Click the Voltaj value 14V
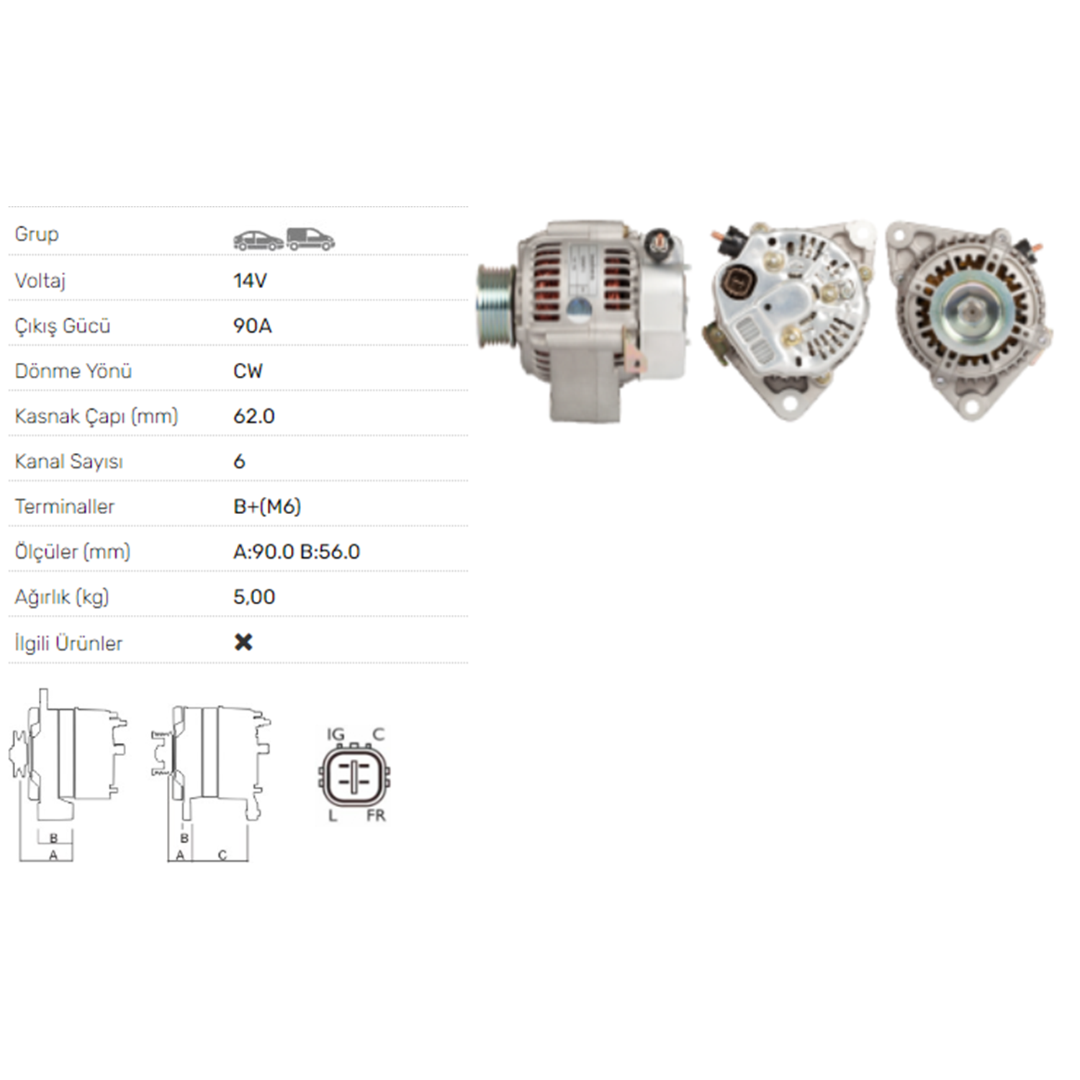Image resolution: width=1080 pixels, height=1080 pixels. [x=250, y=280]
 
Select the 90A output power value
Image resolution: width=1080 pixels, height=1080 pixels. [x=253, y=325]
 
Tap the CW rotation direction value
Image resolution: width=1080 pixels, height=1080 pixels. [x=248, y=371]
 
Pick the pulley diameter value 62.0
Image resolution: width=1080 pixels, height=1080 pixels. [x=254, y=416]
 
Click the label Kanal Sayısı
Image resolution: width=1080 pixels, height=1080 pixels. [x=69, y=462]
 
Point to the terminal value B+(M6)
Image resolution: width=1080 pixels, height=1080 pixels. [x=267, y=507]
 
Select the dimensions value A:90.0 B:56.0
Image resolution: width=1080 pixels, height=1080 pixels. [x=297, y=552]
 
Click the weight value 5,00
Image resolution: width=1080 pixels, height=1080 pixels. [x=254, y=597]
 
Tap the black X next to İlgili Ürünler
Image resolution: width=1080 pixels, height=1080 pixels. [x=243, y=642]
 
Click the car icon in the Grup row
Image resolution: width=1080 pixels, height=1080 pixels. [x=258, y=240]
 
